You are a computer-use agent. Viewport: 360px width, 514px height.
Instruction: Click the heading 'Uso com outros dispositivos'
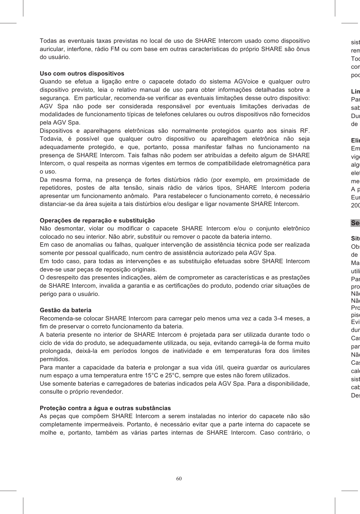pos(82,73)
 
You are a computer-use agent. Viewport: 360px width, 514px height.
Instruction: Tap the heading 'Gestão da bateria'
pos(66,310)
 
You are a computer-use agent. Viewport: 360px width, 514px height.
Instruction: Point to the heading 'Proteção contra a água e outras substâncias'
pos(105,408)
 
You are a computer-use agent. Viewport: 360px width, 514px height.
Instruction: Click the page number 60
pos(179,478)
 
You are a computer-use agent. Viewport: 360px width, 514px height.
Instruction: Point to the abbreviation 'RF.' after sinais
pos(305,131)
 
